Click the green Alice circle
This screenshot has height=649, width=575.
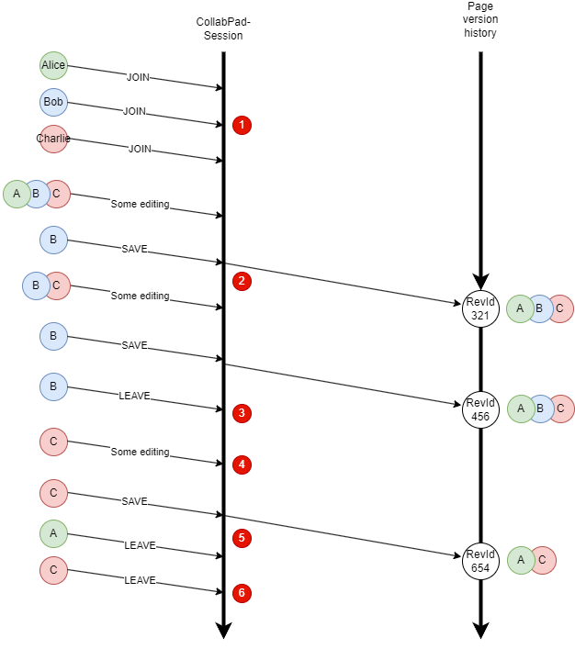[53, 65]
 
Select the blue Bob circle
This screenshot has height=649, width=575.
[53, 102]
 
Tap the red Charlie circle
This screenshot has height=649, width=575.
[53, 139]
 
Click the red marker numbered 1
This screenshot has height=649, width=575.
[242, 125]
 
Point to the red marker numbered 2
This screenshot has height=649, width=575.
[242, 281]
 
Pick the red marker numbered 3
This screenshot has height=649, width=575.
[242, 413]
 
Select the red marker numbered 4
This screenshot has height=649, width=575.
[242, 464]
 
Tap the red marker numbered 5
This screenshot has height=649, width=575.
[242, 538]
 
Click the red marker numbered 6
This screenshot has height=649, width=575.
[242, 593]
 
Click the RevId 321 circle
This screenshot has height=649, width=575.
[480, 308]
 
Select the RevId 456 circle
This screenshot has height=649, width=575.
[480, 409]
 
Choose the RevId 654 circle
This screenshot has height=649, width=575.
[480, 561]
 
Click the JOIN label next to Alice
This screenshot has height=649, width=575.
[138, 78]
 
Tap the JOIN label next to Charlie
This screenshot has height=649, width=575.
[140, 149]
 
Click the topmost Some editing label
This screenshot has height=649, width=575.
[140, 204]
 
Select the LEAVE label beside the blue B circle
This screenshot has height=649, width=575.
[134, 396]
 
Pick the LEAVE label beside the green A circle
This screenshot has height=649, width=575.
[140, 545]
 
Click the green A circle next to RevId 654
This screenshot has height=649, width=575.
[521, 560]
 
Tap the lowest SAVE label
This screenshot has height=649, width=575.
[134, 501]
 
